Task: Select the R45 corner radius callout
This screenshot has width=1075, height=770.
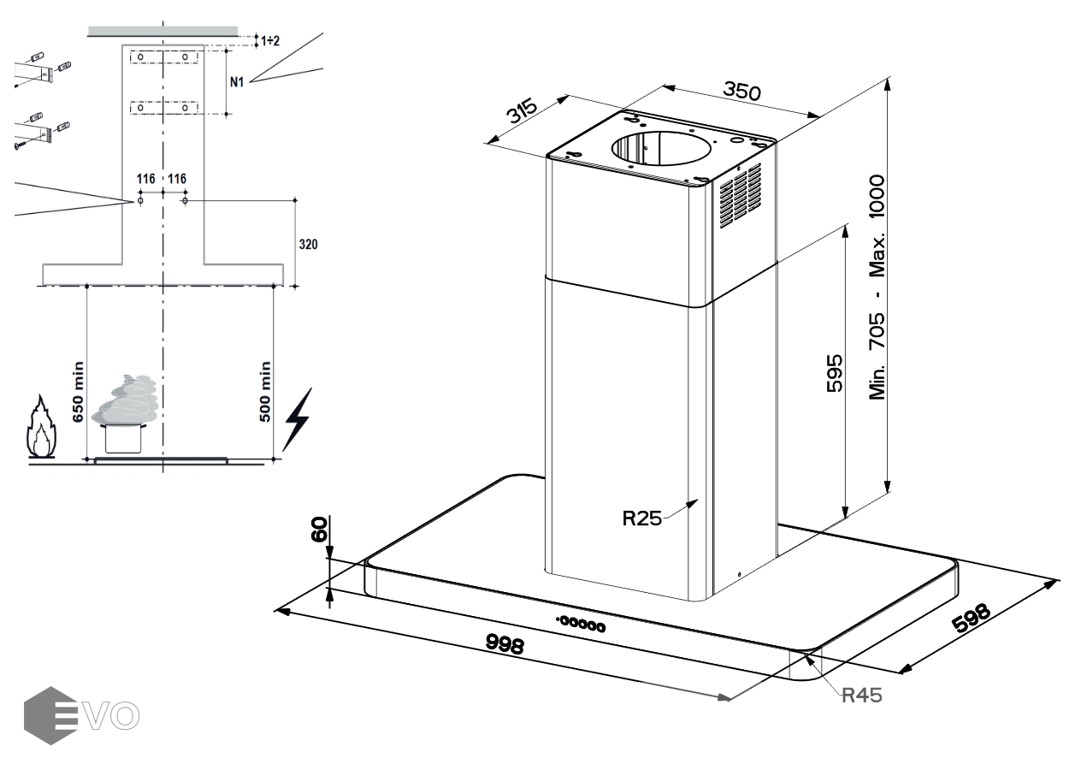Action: tap(862, 694)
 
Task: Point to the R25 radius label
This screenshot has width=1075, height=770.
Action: tap(641, 518)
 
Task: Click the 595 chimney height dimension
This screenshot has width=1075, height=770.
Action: tap(834, 371)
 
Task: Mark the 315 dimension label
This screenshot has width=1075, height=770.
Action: tap(519, 112)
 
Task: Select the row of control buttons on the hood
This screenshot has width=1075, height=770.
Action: tap(581, 624)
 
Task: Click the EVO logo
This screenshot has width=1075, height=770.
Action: tap(83, 715)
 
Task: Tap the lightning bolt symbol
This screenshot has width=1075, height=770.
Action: tap(297, 419)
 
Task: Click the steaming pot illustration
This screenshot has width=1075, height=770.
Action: tap(126, 414)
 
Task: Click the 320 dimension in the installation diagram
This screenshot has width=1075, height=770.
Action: tap(308, 244)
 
